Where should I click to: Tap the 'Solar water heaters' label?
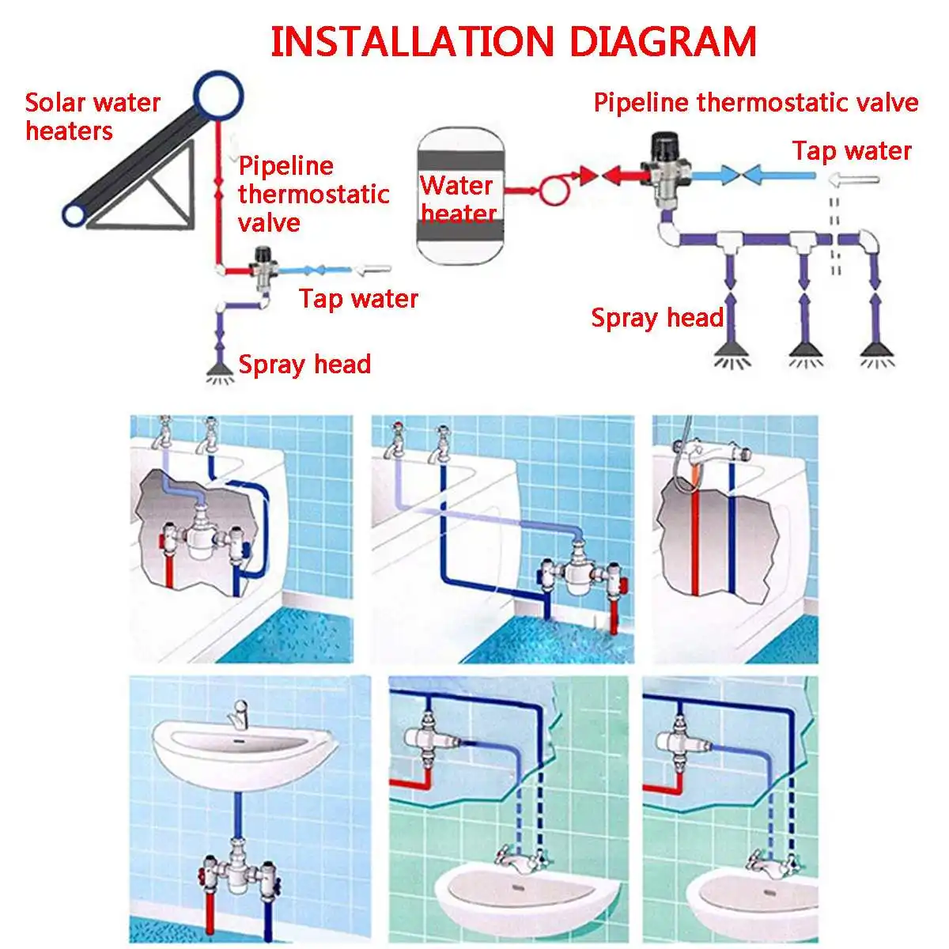pyautogui.click(x=93, y=116)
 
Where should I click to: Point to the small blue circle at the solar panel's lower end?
pyautogui.click(x=77, y=214)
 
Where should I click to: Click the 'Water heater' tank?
pyautogui.click(x=459, y=195)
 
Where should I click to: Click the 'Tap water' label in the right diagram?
pyautogui.click(x=852, y=150)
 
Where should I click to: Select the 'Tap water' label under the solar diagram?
pyautogui.click(x=358, y=298)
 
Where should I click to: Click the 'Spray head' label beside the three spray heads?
pyautogui.click(x=657, y=318)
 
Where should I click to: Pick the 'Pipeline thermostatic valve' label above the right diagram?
pyautogui.click(x=755, y=103)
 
